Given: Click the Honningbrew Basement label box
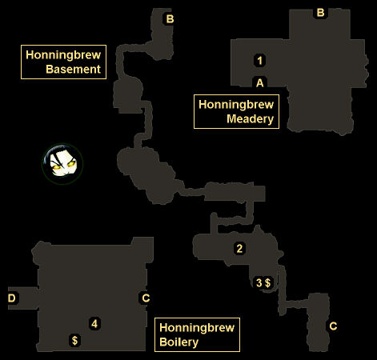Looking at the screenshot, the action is [x=63, y=62].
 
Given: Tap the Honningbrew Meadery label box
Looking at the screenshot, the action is [x=236, y=111].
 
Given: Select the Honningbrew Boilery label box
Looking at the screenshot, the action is [x=197, y=334].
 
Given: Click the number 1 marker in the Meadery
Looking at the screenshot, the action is [x=259, y=60].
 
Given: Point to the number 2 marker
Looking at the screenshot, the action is [x=239, y=249].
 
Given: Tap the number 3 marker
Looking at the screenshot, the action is [x=259, y=282].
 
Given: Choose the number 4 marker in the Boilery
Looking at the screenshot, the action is [x=94, y=323].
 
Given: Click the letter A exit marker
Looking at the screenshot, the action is [x=259, y=83].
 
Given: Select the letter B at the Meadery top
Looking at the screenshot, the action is [x=320, y=13].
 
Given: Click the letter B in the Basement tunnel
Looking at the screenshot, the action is [x=170, y=19].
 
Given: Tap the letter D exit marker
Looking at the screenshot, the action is [x=12, y=298].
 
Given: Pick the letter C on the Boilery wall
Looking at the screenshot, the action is [x=146, y=298].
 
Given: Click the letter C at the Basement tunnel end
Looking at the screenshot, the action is [x=333, y=326].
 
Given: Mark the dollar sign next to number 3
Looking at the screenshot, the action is [x=267, y=282].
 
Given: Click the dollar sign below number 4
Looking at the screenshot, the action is [x=74, y=340].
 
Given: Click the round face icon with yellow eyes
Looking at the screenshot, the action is [x=62, y=164].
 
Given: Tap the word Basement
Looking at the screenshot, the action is [x=73, y=70].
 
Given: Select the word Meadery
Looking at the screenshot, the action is [x=250, y=119].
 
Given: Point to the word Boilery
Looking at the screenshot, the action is [x=178, y=342].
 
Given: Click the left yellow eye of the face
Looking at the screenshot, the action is [x=56, y=166].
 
